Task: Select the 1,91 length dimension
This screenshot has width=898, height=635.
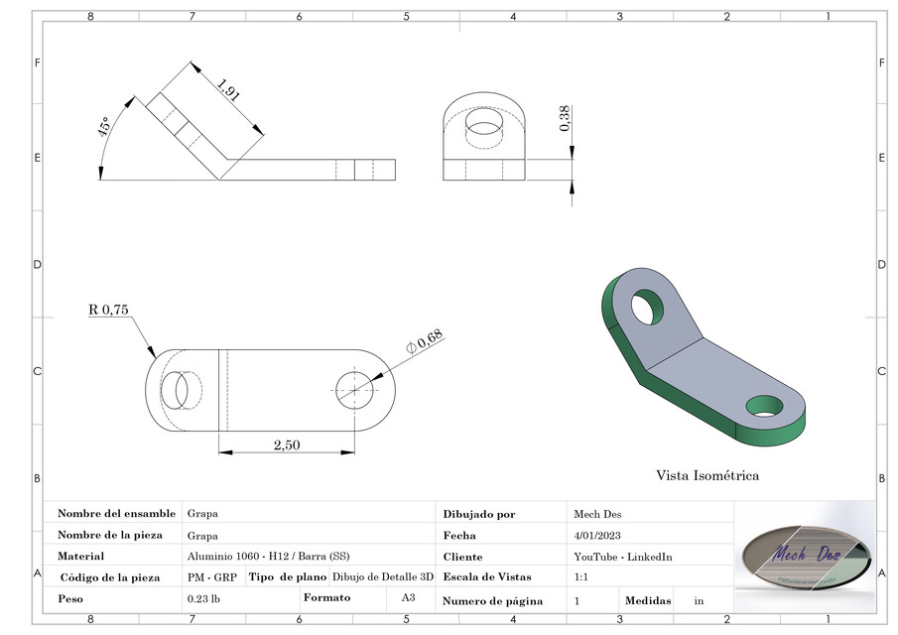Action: (229, 95)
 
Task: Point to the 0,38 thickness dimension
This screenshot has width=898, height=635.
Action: (565, 118)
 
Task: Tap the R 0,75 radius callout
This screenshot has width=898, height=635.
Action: (108, 310)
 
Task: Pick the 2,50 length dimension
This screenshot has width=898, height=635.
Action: (286, 444)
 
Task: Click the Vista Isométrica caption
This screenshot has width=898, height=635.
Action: (706, 475)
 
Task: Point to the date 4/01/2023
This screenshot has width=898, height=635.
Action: (597, 535)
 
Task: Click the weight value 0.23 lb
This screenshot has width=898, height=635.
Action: (202, 599)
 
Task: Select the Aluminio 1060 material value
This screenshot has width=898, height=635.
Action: (268, 556)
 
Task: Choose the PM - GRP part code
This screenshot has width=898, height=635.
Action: (211, 576)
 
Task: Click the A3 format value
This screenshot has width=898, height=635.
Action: (408, 598)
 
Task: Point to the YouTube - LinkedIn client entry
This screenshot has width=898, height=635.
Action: (622, 557)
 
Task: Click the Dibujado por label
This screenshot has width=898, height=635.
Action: (479, 514)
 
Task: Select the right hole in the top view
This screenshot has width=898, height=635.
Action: (353, 388)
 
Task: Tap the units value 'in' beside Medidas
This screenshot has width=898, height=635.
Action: (699, 600)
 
